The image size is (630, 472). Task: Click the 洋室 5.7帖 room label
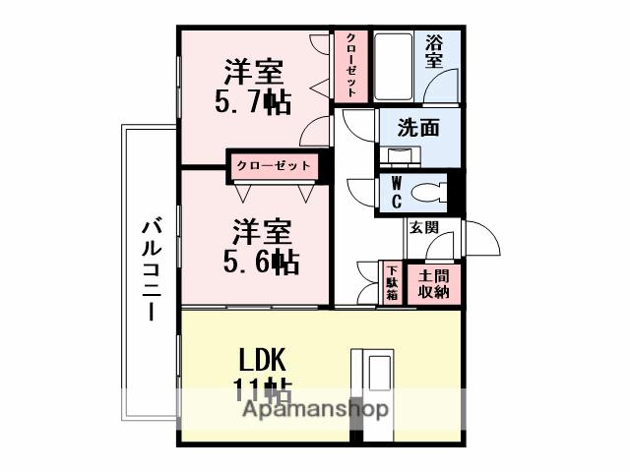(x=254, y=87)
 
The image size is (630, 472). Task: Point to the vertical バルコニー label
(x=150, y=270)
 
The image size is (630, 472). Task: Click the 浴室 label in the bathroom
(x=434, y=51)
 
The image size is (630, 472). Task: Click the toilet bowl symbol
(x=426, y=191)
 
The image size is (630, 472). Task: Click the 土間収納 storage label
(x=433, y=283)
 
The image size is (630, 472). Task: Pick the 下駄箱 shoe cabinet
(x=392, y=283)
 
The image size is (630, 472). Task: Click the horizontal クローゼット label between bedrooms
(x=273, y=165)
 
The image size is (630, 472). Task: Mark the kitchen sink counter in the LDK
(x=378, y=380)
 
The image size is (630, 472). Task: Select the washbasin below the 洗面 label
(x=402, y=155)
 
